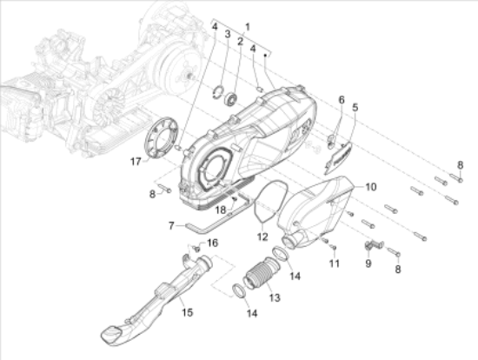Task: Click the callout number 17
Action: [x=136, y=162]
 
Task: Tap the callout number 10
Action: [x=371, y=187]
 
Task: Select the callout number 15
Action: [x=188, y=312]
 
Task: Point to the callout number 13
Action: [x=275, y=297]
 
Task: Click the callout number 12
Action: [x=262, y=237]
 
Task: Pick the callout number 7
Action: [x=171, y=226]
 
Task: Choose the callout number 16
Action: [x=212, y=243]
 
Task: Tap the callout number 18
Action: [x=221, y=210]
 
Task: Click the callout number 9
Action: [x=368, y=263]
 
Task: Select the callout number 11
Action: [x=334, y=263]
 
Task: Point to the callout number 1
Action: [x=247, y=27]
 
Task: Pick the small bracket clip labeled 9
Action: [x=374, y=244]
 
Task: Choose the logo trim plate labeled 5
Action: [x=338, y=158]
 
